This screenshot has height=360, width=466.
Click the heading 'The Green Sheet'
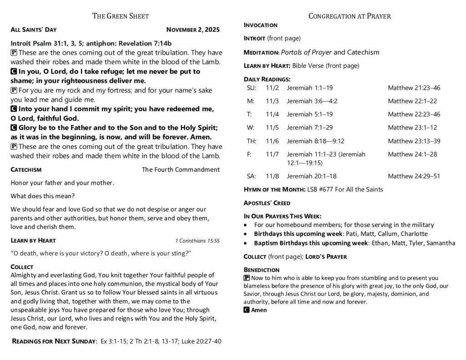121,16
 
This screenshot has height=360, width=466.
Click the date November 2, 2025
193,30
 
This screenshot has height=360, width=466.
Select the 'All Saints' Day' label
33,30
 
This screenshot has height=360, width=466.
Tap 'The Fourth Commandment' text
181,170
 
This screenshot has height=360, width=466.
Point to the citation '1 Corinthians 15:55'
197,241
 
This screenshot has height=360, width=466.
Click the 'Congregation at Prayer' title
349,16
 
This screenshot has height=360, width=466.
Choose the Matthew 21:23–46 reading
414,88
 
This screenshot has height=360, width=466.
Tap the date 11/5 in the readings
272,128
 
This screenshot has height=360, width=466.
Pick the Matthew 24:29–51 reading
414,176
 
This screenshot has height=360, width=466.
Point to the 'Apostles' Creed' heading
267,203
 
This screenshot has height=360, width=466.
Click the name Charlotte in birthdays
411,234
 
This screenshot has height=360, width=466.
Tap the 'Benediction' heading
261,270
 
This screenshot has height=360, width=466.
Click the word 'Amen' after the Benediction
259,310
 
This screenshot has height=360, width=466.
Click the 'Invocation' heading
261,25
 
